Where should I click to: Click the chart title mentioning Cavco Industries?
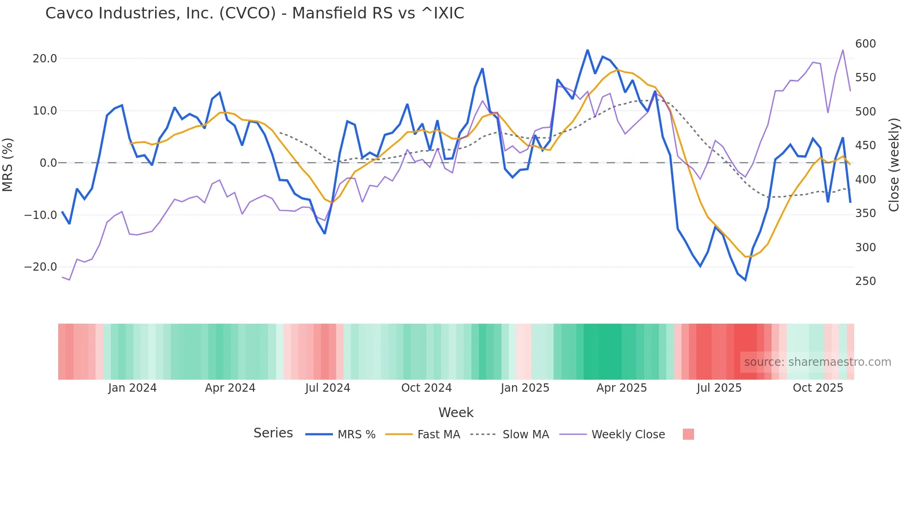pos(254,13)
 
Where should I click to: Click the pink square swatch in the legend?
pos(688,434)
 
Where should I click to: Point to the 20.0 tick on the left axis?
pos(45,59)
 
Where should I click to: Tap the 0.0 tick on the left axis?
pos(48,163)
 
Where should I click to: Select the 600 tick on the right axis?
pos(865,44)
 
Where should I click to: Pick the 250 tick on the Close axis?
pos(865,281)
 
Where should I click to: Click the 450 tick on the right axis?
pos(865,145)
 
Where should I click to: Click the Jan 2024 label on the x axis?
pos(133,388)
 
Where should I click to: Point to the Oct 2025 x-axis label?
pos(818,388)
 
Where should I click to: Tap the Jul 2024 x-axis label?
pos(327,388)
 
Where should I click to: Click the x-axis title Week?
pos(456,412)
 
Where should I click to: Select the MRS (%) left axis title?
pos(8,164)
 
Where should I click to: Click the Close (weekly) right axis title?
pos(894,164)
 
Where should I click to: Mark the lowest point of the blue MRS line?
pos(745,280)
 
